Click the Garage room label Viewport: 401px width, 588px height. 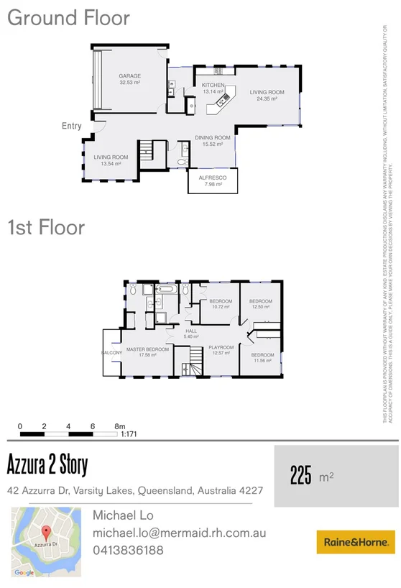(129, 76)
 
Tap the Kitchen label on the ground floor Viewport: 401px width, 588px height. (213, 86)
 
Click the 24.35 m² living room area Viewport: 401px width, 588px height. (267, 98)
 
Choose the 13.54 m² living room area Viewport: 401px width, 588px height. (111, 164)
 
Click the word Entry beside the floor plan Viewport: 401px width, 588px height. (72, 127)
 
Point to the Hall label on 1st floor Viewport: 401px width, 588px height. (191, 331)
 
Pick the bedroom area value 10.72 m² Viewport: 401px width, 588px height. (221, 308)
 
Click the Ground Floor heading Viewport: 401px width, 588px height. (68, 18)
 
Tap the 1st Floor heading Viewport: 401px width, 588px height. (46, 228)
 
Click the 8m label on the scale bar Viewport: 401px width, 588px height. (121, 426)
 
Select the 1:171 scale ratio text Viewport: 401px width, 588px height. (129, 434)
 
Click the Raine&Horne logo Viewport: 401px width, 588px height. (356, 541)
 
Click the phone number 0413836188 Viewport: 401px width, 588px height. (129, 550)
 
